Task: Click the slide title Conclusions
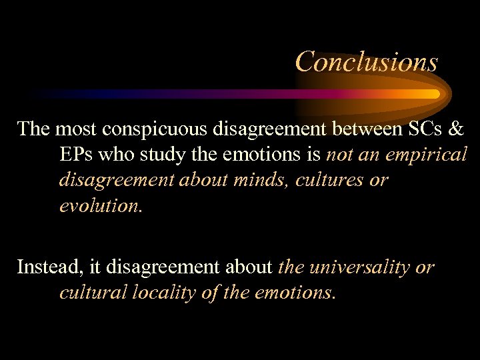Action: (366, 61)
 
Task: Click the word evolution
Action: (100, 206)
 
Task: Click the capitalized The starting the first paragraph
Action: (33, 128)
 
